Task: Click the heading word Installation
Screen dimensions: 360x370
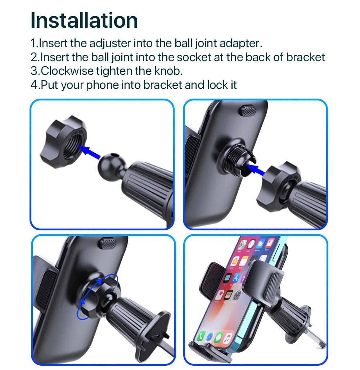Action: click(84, 20)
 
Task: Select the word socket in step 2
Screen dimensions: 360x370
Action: click(194, 57)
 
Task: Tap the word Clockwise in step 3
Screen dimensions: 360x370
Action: click(67, 71)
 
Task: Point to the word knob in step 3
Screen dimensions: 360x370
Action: click(168, 71)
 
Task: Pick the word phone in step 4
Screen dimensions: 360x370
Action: click(102, 85)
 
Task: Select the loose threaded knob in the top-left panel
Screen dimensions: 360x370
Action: click(63, 142)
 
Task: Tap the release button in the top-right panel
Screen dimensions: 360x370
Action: click(248, 110)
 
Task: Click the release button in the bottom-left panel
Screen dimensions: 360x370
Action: click(108, 243)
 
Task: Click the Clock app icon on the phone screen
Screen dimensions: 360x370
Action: click(251, 244)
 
